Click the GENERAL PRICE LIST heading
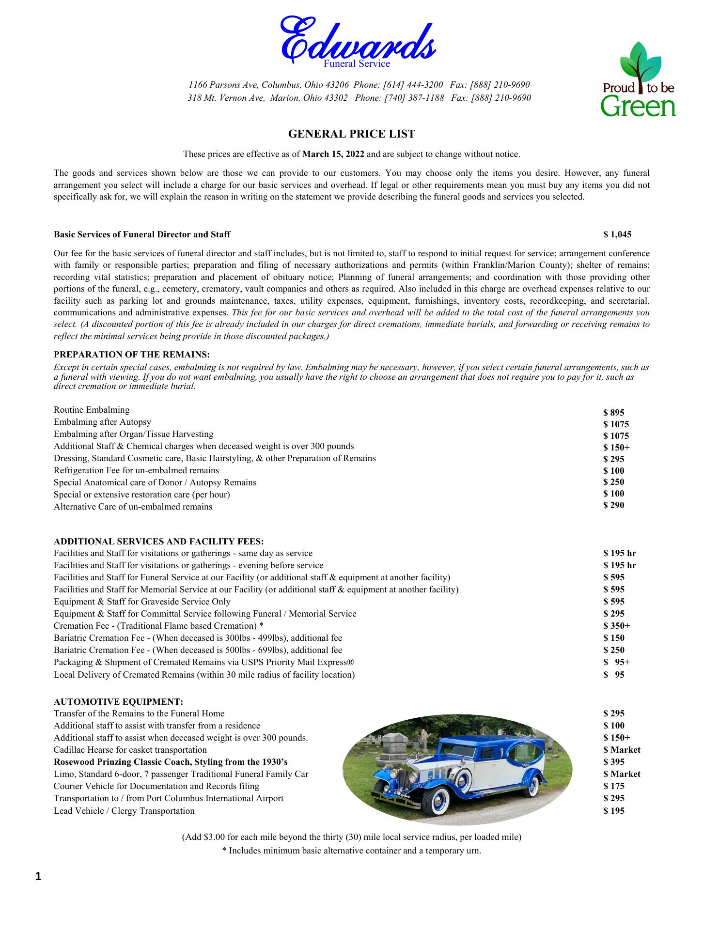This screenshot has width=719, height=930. point(352,134)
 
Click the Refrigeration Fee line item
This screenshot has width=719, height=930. point(136,470)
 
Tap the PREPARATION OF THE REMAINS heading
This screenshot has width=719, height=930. point(132,355)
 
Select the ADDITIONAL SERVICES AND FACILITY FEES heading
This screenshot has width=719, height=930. point(159,541)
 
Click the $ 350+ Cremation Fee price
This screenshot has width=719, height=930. point(616,626)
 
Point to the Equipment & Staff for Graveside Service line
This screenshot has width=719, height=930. point(142,602)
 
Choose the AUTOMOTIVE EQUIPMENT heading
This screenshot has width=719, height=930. point(119,701)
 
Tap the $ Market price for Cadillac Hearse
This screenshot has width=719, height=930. point(622,750)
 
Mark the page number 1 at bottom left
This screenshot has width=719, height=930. point(38,876)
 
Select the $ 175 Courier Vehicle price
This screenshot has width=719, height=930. point(614,786)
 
